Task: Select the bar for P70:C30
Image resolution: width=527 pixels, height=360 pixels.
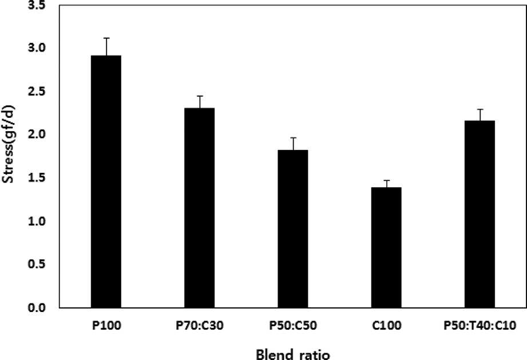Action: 199,208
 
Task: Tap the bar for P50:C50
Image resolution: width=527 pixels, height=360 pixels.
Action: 293,229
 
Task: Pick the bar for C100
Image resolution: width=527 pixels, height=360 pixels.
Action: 386,247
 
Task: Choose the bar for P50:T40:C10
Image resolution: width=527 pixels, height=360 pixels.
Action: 480,214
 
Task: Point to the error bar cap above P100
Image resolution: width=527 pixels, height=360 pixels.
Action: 106,38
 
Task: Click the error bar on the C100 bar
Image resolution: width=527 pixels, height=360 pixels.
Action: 386,184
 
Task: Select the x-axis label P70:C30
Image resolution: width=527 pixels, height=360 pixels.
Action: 199,326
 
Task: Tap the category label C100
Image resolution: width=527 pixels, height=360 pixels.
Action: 386,326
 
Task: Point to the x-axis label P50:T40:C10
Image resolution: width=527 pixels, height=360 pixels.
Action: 480,326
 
